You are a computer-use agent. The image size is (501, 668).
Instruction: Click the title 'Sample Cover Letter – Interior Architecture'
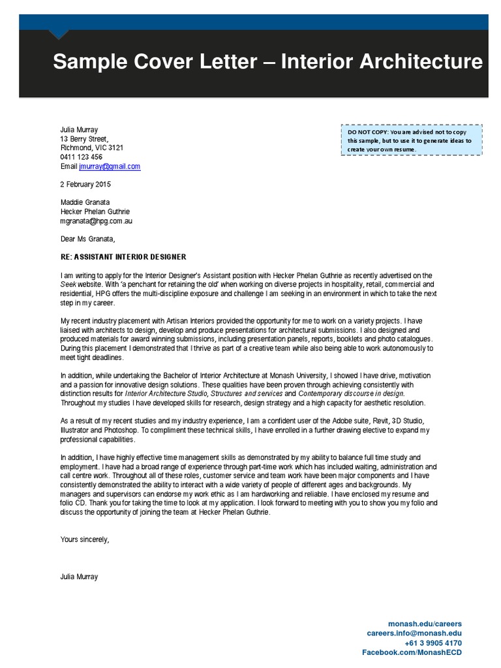267,62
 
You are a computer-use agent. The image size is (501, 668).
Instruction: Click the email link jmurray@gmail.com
110,166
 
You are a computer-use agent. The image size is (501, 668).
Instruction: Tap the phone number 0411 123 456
82,157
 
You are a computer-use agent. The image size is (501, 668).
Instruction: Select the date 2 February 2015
86,185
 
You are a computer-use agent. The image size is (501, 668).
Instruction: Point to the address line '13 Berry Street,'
84,139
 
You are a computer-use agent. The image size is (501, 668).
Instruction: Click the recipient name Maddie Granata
85,202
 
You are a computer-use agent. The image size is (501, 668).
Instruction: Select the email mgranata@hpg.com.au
97,221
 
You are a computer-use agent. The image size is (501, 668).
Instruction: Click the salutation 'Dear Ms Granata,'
87,239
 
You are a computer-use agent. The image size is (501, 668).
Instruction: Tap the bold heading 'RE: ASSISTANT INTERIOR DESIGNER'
123,257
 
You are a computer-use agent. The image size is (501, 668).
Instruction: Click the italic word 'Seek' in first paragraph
68,285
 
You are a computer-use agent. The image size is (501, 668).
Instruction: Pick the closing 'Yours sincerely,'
85,539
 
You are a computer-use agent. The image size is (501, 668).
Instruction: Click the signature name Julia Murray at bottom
79,577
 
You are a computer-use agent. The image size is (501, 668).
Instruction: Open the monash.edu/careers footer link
425,624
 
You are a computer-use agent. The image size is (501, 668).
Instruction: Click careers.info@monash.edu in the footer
414,633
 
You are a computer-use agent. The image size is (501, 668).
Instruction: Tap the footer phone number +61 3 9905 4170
433,643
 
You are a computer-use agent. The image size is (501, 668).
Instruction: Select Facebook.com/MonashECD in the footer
412,652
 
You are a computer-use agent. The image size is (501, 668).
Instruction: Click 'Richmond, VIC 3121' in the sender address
92,148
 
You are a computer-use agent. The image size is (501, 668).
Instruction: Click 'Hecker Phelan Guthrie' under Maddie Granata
95,211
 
